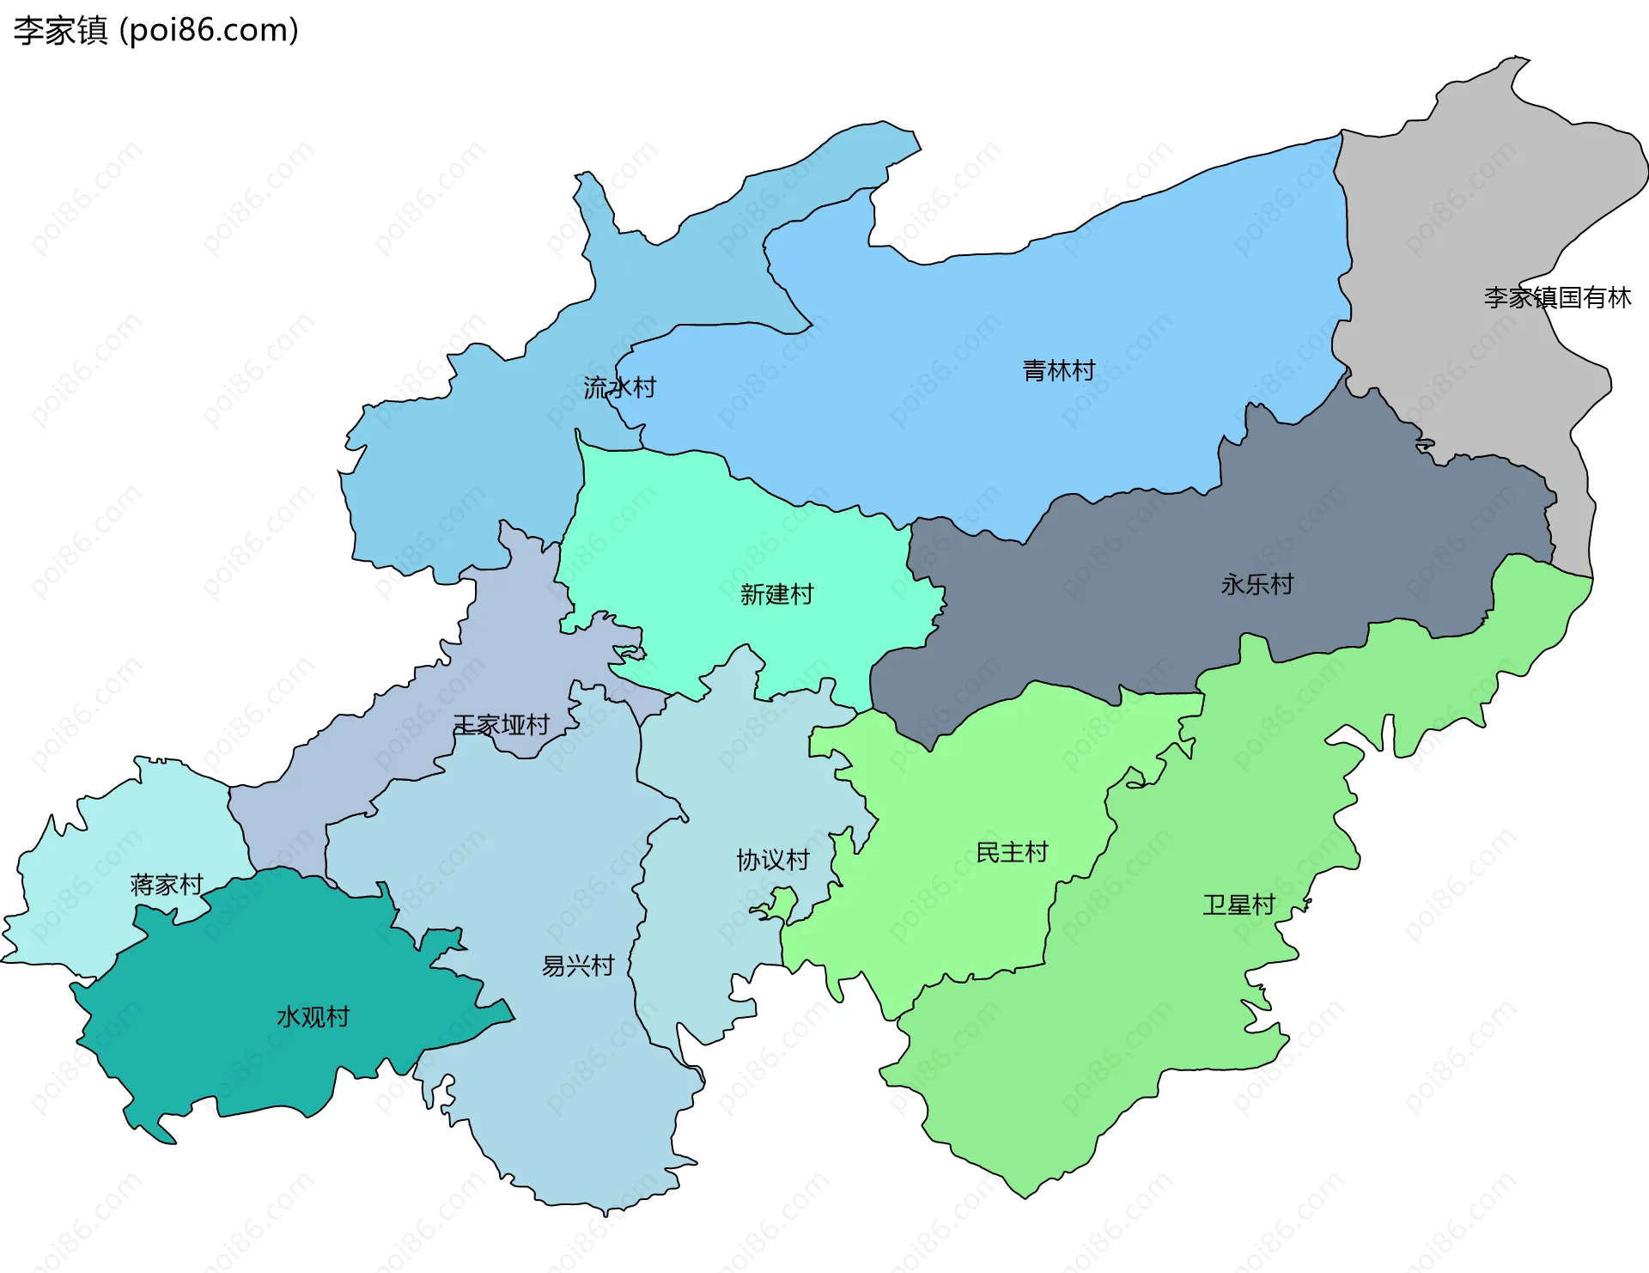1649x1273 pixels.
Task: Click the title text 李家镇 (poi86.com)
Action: [x=155, y=30]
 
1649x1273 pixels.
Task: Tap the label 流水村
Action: [x=619, y=387]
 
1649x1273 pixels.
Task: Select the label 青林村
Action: [x=1058, y=370]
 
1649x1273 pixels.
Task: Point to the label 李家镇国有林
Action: [x=1557, y=297]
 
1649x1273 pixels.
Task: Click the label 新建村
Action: [x=776, y=594]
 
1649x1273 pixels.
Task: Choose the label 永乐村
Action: [x=1257, y=584]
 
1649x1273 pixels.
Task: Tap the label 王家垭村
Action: [x=501, y=725]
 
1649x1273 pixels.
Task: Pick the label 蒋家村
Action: [x=166, y=884]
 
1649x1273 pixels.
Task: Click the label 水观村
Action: [x=313, y=1017]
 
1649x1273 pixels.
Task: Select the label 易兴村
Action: [x=577, y=965]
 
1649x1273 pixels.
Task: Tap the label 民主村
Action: [x=1012, y=852]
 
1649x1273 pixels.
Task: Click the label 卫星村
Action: [x=1238, y=904]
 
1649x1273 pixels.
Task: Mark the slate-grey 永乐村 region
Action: [x=1117, y=601]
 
